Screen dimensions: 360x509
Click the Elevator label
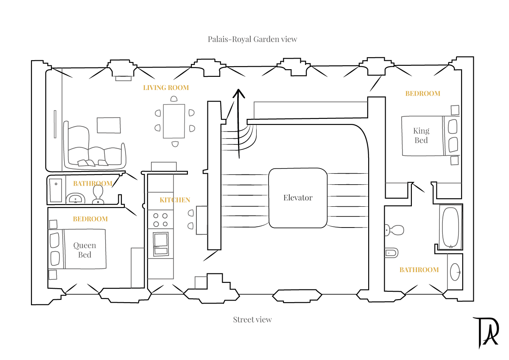click(298, 197)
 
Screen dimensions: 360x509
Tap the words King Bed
click(421, 135)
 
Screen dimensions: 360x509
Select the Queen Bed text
click(84, 250)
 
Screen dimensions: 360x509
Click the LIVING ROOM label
click(166, 88)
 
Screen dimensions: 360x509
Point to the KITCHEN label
click(175, 200)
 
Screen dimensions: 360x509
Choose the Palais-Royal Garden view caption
click(252, 39)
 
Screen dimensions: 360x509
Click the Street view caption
click(252, 320)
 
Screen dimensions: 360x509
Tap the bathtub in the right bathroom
click(450, 226)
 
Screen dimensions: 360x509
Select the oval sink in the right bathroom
click(455, 272)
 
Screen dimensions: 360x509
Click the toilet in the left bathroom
click(98, 195)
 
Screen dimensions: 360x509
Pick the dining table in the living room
click(174, 121)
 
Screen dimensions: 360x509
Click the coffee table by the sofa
click(109, 125)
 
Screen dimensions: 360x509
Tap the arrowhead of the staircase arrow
click(239, 93)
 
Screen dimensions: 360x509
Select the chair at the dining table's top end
click(174, 98)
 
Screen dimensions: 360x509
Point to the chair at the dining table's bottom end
click(175, 144)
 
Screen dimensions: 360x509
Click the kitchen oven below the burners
click(161, 244)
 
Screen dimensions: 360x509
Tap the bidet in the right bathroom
click(392, 253)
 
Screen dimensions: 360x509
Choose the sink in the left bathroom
click(76, 199)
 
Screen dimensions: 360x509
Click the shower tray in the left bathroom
click(56, 190)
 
